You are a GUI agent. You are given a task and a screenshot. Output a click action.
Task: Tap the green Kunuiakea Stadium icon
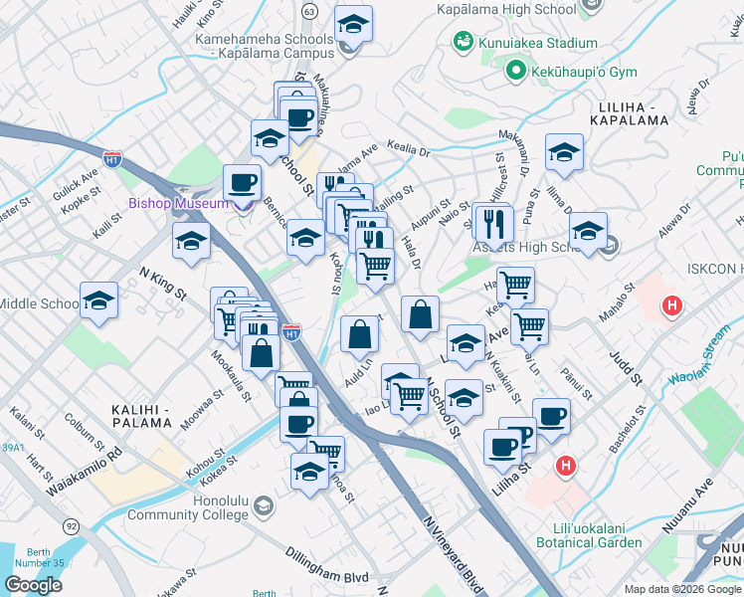(462, 42)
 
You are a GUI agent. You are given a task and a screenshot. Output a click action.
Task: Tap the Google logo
(33, 585)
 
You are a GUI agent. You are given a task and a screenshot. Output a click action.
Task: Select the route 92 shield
(72, 523)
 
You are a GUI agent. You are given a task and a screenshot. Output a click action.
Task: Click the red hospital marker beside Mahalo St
(672, 304)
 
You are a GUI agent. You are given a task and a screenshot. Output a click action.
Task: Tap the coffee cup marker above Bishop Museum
(242, 183)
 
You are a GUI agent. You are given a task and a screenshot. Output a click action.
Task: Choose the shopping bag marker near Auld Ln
(359, 334)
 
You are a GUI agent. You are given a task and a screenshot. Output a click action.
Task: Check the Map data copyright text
(682, 589)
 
